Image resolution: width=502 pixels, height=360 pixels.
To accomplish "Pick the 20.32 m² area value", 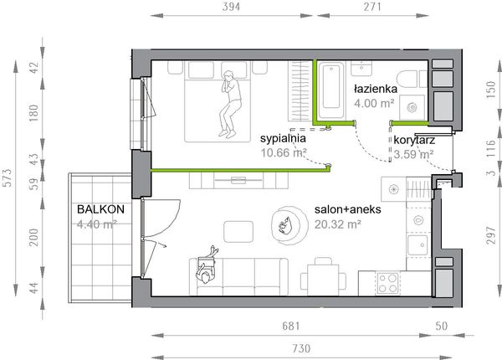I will [337, 224].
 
